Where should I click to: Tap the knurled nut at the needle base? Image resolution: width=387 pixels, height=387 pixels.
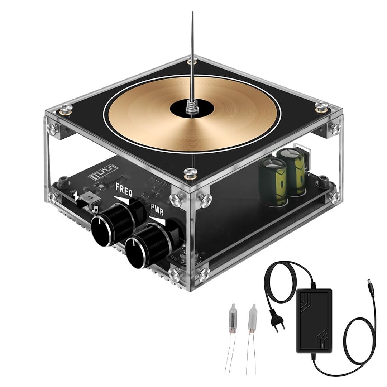[190, 107]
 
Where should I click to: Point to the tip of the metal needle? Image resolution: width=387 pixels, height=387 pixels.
[192, 13]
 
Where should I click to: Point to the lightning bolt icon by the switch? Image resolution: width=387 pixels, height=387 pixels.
[76, 195]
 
